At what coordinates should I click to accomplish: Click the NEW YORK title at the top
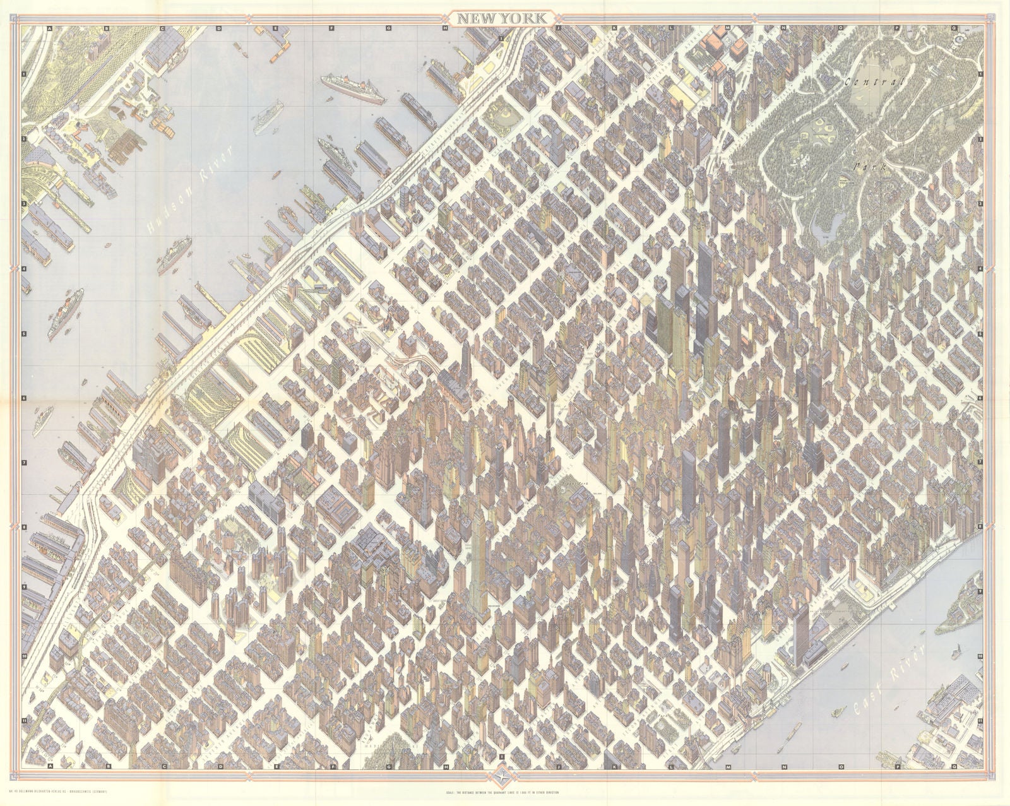click(503, 18)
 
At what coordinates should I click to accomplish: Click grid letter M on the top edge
click(727, 28)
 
